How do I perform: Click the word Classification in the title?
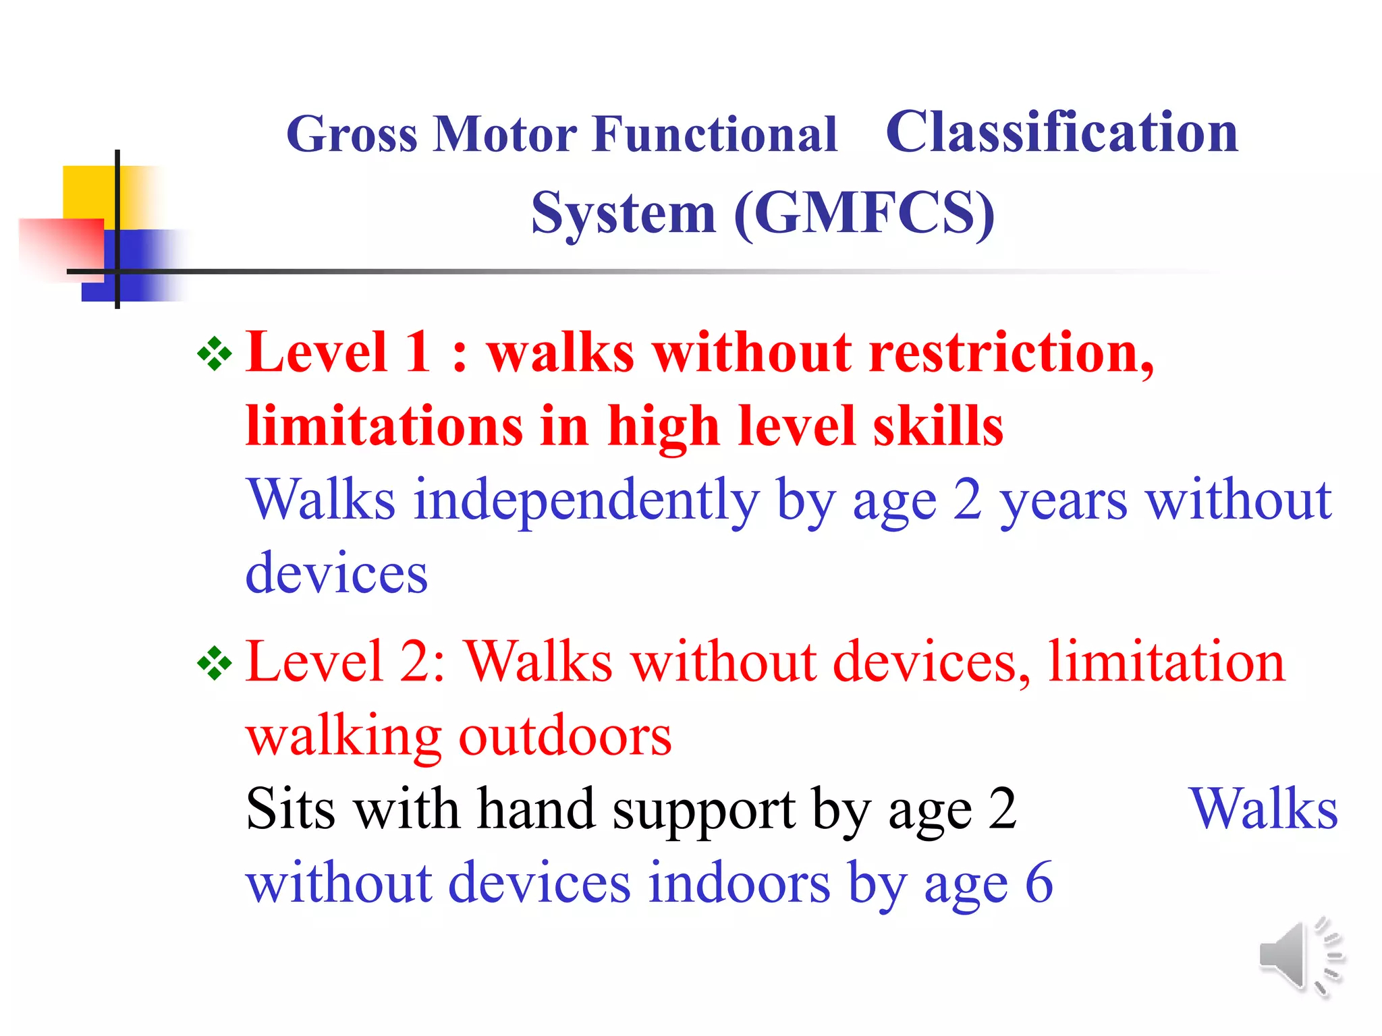(x=1061, y=132)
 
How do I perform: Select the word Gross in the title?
(x=352, y=134)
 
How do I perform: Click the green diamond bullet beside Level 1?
(x=215, y=353)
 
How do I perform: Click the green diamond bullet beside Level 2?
(x=215, y=663)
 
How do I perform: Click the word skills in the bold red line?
(x=937, y=426)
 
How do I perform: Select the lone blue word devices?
(x=336, y=573)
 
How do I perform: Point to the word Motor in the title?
(x=505, y=134)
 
